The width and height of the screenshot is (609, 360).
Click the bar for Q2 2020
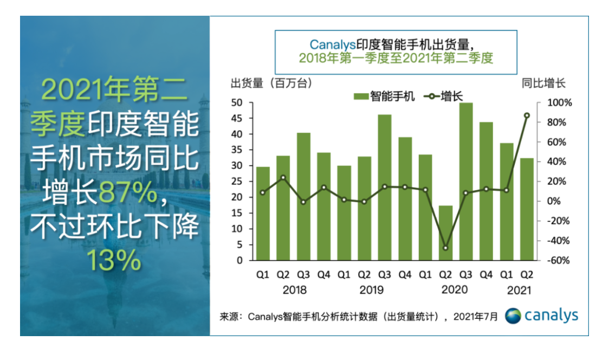(445, 233)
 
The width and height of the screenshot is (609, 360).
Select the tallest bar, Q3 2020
(466, 181)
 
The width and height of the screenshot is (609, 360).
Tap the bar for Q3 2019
(385, 187)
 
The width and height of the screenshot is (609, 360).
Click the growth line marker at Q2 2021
(527, 115)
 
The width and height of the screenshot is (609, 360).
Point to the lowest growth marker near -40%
(445, 248)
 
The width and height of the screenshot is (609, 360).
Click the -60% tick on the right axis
(553, 260)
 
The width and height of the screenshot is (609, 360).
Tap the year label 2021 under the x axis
(519, 290)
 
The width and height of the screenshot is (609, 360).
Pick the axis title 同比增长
(543, 83)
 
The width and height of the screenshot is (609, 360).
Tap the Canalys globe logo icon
(513, 316)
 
